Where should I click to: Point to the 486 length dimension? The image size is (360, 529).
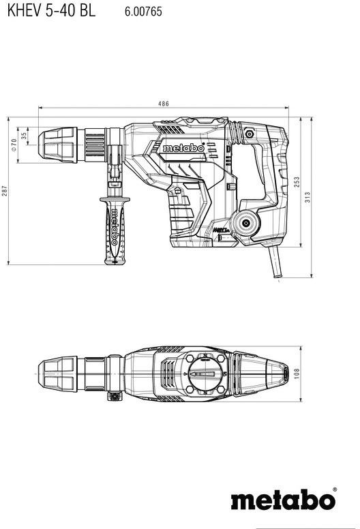point(164,104)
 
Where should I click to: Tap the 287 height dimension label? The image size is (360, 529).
point(5,192)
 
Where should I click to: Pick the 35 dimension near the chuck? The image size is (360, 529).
point(25,135)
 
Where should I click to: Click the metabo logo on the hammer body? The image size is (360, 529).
point(183,148)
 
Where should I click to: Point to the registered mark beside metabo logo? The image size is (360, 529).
point(334,488)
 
